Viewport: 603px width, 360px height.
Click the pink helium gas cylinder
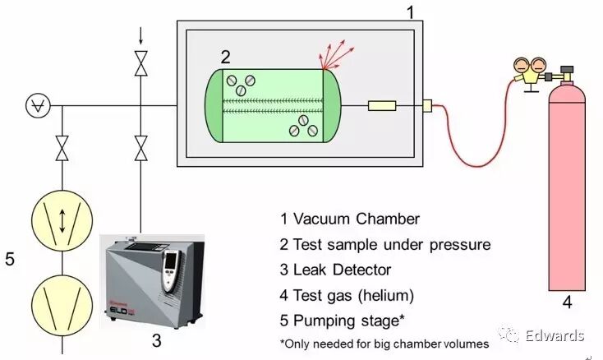[566, 189]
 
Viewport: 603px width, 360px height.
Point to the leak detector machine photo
[153, 280]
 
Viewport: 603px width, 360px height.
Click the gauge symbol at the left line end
[36, 105]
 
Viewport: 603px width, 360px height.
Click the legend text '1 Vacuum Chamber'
[350, 219]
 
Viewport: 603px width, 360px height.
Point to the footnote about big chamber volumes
[384, 342]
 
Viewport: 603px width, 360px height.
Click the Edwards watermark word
[556, 335]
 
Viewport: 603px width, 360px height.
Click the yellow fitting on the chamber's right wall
[426, 105]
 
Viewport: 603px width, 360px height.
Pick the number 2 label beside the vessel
[225, 57]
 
